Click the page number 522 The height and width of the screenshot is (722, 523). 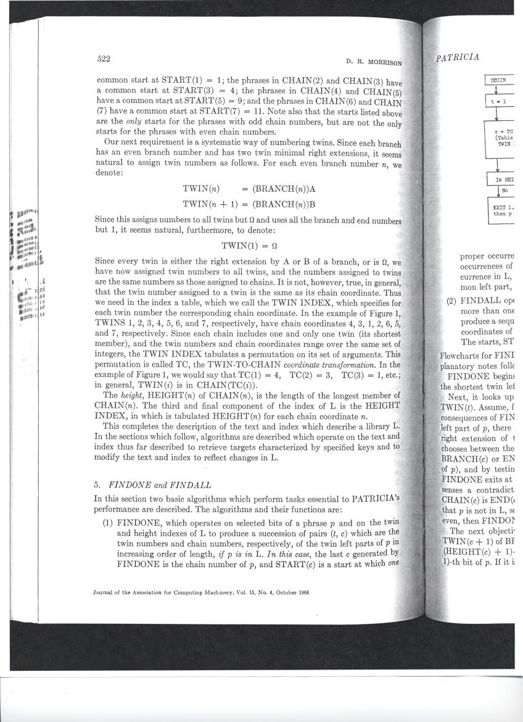coord(104,59)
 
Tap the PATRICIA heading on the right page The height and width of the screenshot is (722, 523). coord(457,57)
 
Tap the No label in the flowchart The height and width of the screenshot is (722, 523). coord(504,191)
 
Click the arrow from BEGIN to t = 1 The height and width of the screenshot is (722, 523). coord(496,90)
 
